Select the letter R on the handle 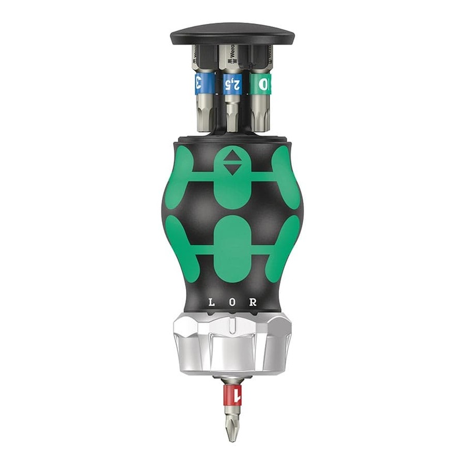click(253, 303)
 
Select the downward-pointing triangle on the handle click(233, 170)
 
